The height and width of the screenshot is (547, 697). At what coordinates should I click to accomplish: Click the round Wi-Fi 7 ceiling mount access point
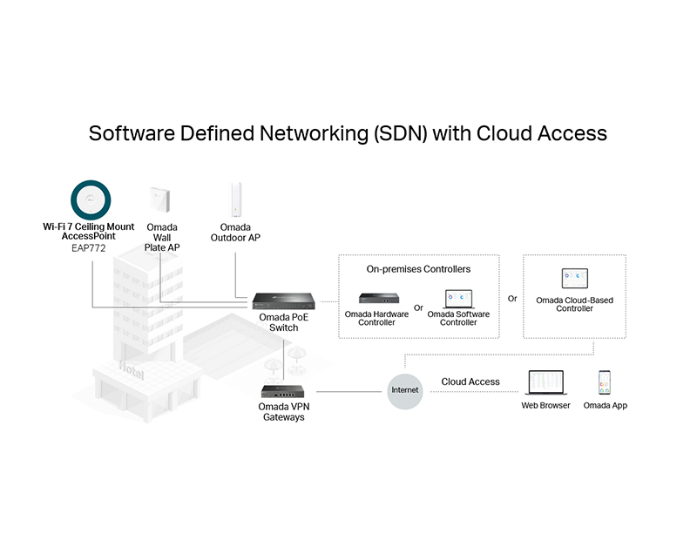click(x=91, y=200)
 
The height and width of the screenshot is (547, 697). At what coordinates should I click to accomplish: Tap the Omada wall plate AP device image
click(x=160, y=199)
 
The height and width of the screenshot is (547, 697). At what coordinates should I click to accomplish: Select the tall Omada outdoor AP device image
click(x=235, y=200)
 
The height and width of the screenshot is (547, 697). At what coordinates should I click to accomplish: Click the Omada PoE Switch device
click(x=284, y=301)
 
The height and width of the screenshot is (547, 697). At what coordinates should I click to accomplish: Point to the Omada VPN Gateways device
click(x=282, y=391)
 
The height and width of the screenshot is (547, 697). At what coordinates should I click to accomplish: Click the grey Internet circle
click(x=404, y=391)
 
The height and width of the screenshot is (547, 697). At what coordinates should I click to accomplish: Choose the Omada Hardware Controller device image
click(x=379, y=298)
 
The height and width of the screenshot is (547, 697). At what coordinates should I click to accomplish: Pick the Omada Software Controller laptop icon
click(x=459, y=299)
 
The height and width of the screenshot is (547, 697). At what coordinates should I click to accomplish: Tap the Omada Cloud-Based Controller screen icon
click(x=574, y=278)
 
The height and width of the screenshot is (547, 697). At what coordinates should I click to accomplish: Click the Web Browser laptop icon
click(x=546, y=382)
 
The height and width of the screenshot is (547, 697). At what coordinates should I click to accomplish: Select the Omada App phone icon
click(x=605, y=382)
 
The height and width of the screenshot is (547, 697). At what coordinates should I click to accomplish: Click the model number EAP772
click(x=89, y=248)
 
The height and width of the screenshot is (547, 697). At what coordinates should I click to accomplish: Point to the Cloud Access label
click(x=470, y=382)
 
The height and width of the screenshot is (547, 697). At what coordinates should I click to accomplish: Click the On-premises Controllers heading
click(x=418, y=269)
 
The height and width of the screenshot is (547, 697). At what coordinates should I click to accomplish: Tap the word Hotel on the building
click(x=132, y=370)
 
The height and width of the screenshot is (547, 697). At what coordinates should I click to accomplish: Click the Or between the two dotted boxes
click(x=512, y=299)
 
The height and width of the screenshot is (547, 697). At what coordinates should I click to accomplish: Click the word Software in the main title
click(x=132, y=133)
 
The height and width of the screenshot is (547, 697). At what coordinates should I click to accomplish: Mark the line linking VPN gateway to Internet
click(x=349, y=392)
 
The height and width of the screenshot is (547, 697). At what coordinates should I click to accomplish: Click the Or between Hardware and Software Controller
click(x=418, y=308)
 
